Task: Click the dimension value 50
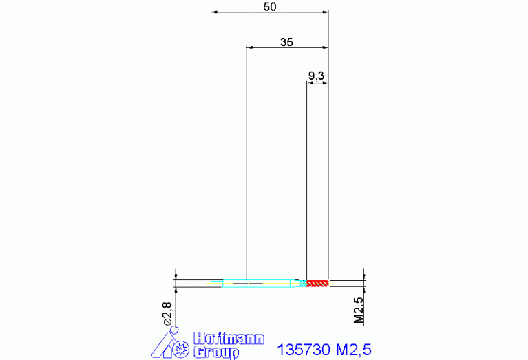click(x=270, y=7)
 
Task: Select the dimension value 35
click(x=287, y=42)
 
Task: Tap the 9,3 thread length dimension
click(x=317, y=76)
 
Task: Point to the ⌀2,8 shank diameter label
click(x=166, y=314)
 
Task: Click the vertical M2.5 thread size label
click(x=359, y=310)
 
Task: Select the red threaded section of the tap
click(x=318, y=283)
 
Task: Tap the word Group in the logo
click(x=216, y=352)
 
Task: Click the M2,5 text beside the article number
click(x=355, y=349)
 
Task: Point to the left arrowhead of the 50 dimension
click(x=214, y=12)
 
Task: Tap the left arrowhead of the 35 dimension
click(x=250, y=47)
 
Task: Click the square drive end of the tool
click(x=216, y=283)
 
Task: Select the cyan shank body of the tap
click(x=262, y=283)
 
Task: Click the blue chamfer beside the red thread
click(x=303, y=283)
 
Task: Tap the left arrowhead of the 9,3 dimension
click(x=309, y=83)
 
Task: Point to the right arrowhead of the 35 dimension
click(x=325, y=47)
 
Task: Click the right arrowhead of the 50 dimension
click(x=325, y=12)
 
